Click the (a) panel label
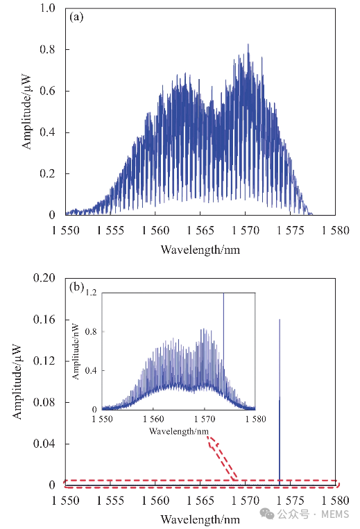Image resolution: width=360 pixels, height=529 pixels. point(76,17)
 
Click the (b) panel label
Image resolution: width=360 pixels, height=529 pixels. point(76,287)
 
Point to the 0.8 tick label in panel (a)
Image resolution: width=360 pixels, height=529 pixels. point(47,50)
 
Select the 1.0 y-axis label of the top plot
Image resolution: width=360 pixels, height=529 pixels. point(47,8)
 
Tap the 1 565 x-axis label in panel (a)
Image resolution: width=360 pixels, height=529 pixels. point(200,231)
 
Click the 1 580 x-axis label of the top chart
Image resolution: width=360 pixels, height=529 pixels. point(335,231)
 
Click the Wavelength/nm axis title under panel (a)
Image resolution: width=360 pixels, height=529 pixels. point(200,250)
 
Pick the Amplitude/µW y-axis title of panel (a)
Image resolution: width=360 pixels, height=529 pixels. point(26,112)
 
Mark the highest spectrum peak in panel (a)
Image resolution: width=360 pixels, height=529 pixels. point(248,44)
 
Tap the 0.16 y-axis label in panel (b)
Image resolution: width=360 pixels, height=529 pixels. point(44,320)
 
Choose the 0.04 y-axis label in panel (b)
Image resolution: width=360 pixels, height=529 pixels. point(44,444)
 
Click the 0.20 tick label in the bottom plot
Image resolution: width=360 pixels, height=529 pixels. point(44,278)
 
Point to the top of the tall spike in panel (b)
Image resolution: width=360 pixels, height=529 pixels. point(280,320)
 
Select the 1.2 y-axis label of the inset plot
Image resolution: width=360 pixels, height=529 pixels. point(91,293)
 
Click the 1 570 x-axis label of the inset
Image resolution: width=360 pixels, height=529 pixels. point(205,419)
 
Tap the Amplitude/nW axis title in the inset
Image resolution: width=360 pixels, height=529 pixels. point(76,352)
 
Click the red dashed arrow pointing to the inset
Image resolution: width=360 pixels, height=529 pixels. point(222,458)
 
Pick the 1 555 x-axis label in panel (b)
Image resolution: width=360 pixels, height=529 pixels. point(110,501)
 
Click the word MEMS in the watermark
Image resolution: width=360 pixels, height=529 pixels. point(335,514)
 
